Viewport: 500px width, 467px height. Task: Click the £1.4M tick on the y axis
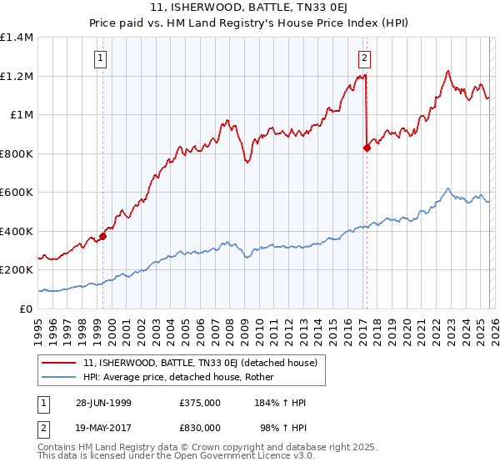17,38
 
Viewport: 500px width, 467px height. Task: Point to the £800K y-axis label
17,153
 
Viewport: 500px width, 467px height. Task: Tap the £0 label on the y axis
27,309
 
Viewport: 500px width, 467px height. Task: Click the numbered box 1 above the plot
101,58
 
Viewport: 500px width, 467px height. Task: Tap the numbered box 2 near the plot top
365,58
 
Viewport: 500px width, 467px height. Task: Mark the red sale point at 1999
103,236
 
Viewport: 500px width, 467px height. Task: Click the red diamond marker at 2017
367,148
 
